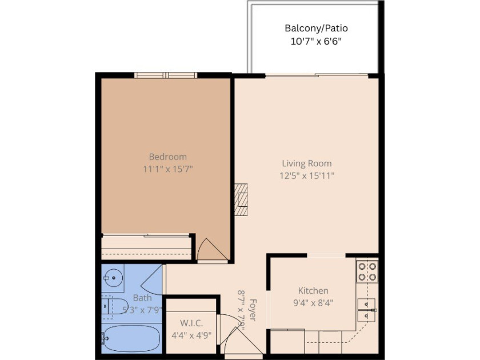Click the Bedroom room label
[x=167, y=157]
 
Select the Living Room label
[x=307, y=163]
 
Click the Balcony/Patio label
[x=316, y=28]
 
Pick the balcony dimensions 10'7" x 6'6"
[x=316, y=41]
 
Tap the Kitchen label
[x=313, y=291]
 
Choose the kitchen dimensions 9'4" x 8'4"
[x=313, y=303]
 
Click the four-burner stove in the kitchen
[x=367, y=271]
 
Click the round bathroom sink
[x=114, y=279]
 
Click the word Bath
[x=142, y=298]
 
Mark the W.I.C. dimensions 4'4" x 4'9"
[x=191, y=335]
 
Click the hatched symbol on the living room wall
[x=241, y=199]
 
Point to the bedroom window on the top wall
[x=166, y=75]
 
